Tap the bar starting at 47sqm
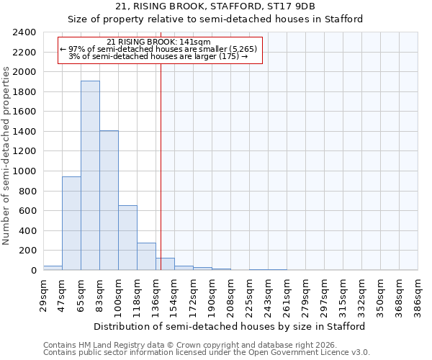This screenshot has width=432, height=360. point(71,223)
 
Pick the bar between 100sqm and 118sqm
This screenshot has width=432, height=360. point(127,238)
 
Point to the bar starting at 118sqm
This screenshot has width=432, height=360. point(146,256)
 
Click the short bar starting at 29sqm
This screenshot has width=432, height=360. point(53,268)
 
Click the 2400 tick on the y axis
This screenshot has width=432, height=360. point(24,32)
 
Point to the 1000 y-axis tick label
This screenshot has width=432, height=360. point(24,171)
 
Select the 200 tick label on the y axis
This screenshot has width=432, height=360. point(27,251)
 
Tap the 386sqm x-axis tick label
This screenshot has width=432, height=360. point(418,296)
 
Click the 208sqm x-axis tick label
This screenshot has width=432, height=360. point(230,296)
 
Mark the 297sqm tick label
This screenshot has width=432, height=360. point(325,296)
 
